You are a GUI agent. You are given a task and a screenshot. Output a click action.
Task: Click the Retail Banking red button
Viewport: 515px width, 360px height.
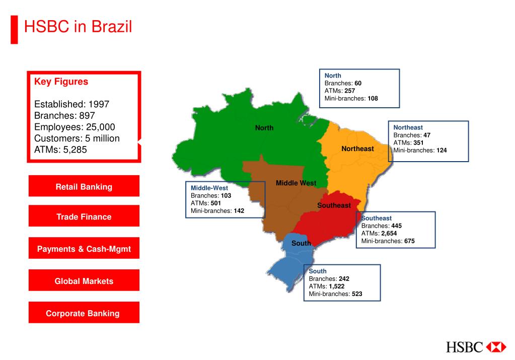[x=84, y=187]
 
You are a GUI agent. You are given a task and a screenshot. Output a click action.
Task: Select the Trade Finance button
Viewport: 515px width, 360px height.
[x=84, y=217]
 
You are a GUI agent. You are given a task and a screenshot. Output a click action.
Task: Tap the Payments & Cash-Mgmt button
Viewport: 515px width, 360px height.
[x=84, y=249]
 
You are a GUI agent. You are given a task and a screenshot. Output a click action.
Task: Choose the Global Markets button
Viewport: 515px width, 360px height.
[x=84, y=281]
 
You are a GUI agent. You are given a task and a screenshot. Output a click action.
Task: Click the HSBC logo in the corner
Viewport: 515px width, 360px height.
[x=476, y=347]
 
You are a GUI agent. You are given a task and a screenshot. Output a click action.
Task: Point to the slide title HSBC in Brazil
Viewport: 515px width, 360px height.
[x=78, y=26]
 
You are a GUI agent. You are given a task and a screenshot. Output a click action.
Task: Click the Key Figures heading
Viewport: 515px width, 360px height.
[x=61, y=82]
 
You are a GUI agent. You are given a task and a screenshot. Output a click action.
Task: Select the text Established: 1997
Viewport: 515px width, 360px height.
[x=71, y=104]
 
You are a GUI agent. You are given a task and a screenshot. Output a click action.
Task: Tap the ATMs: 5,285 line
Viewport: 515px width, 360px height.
[x=64, y=150]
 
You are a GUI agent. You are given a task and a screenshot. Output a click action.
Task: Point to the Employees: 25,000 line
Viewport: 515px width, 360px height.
[x=75, y=127]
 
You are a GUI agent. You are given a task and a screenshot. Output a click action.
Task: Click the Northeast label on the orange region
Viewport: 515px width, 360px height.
[x=357, y=149]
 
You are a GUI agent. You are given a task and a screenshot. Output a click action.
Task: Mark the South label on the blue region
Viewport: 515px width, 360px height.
[x=301, y=243]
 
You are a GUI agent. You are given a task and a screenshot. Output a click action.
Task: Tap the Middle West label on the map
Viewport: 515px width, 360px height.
[x=296, y=183]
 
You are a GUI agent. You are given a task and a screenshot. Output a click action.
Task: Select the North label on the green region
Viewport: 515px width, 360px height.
[x=264, y=128]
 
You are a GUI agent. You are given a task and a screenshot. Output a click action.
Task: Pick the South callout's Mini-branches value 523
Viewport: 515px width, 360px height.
[x=357, y=294]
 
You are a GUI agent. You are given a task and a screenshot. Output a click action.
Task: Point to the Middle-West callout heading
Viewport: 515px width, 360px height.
[x=209, y=188]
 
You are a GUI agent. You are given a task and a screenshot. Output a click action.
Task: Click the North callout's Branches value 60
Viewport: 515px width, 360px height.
[x=358, y=83]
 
